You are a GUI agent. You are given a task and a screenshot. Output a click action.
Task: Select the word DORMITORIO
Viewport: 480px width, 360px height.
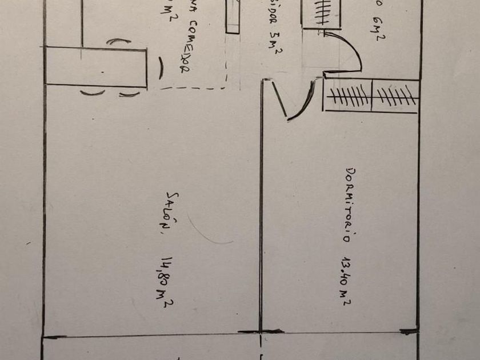tap(353, 203)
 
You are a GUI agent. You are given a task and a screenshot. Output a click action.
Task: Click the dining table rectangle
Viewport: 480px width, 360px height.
tap(95, 67)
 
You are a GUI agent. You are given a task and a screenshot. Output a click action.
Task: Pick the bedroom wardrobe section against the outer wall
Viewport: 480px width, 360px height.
tap(394, 96)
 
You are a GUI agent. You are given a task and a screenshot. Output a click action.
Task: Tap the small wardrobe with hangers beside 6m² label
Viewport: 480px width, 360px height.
tap(321, 13)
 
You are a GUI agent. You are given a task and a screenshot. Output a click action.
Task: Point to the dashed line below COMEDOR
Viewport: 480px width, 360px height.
tap(194, 89)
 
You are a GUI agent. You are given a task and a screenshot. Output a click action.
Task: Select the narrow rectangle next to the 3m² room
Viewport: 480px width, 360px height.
tap(232, 17)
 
